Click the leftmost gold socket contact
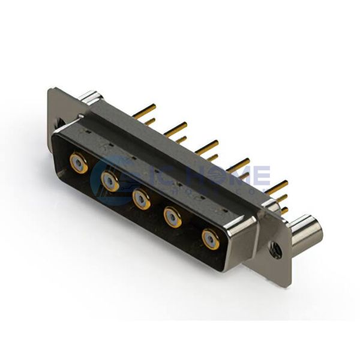[79, 163]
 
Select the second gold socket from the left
[111, 181]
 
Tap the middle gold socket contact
[142, 199]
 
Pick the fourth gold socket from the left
[173, 218]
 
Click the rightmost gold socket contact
[211, 239]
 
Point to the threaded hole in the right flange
[276, 248]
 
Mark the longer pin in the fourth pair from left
[239, 163]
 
